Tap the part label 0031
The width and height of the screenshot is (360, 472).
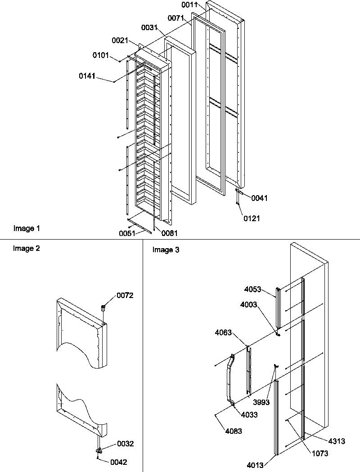(149, 28)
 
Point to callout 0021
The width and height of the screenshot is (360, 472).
(121, 41)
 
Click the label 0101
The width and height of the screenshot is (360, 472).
(101, 55)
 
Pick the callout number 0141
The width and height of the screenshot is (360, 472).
(87, 76)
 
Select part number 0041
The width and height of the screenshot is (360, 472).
(259, 198)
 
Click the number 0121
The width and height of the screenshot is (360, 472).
(252, 218)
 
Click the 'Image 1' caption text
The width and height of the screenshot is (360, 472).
(27, 229)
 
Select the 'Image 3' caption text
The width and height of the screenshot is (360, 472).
(166, 250)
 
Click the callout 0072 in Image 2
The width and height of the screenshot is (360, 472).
(125, 295)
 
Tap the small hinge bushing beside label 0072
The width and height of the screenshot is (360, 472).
(103, 308)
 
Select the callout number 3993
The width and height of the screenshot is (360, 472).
(261, 402)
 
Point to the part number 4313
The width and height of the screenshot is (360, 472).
(337, 441)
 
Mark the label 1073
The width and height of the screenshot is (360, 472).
(320, 454)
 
